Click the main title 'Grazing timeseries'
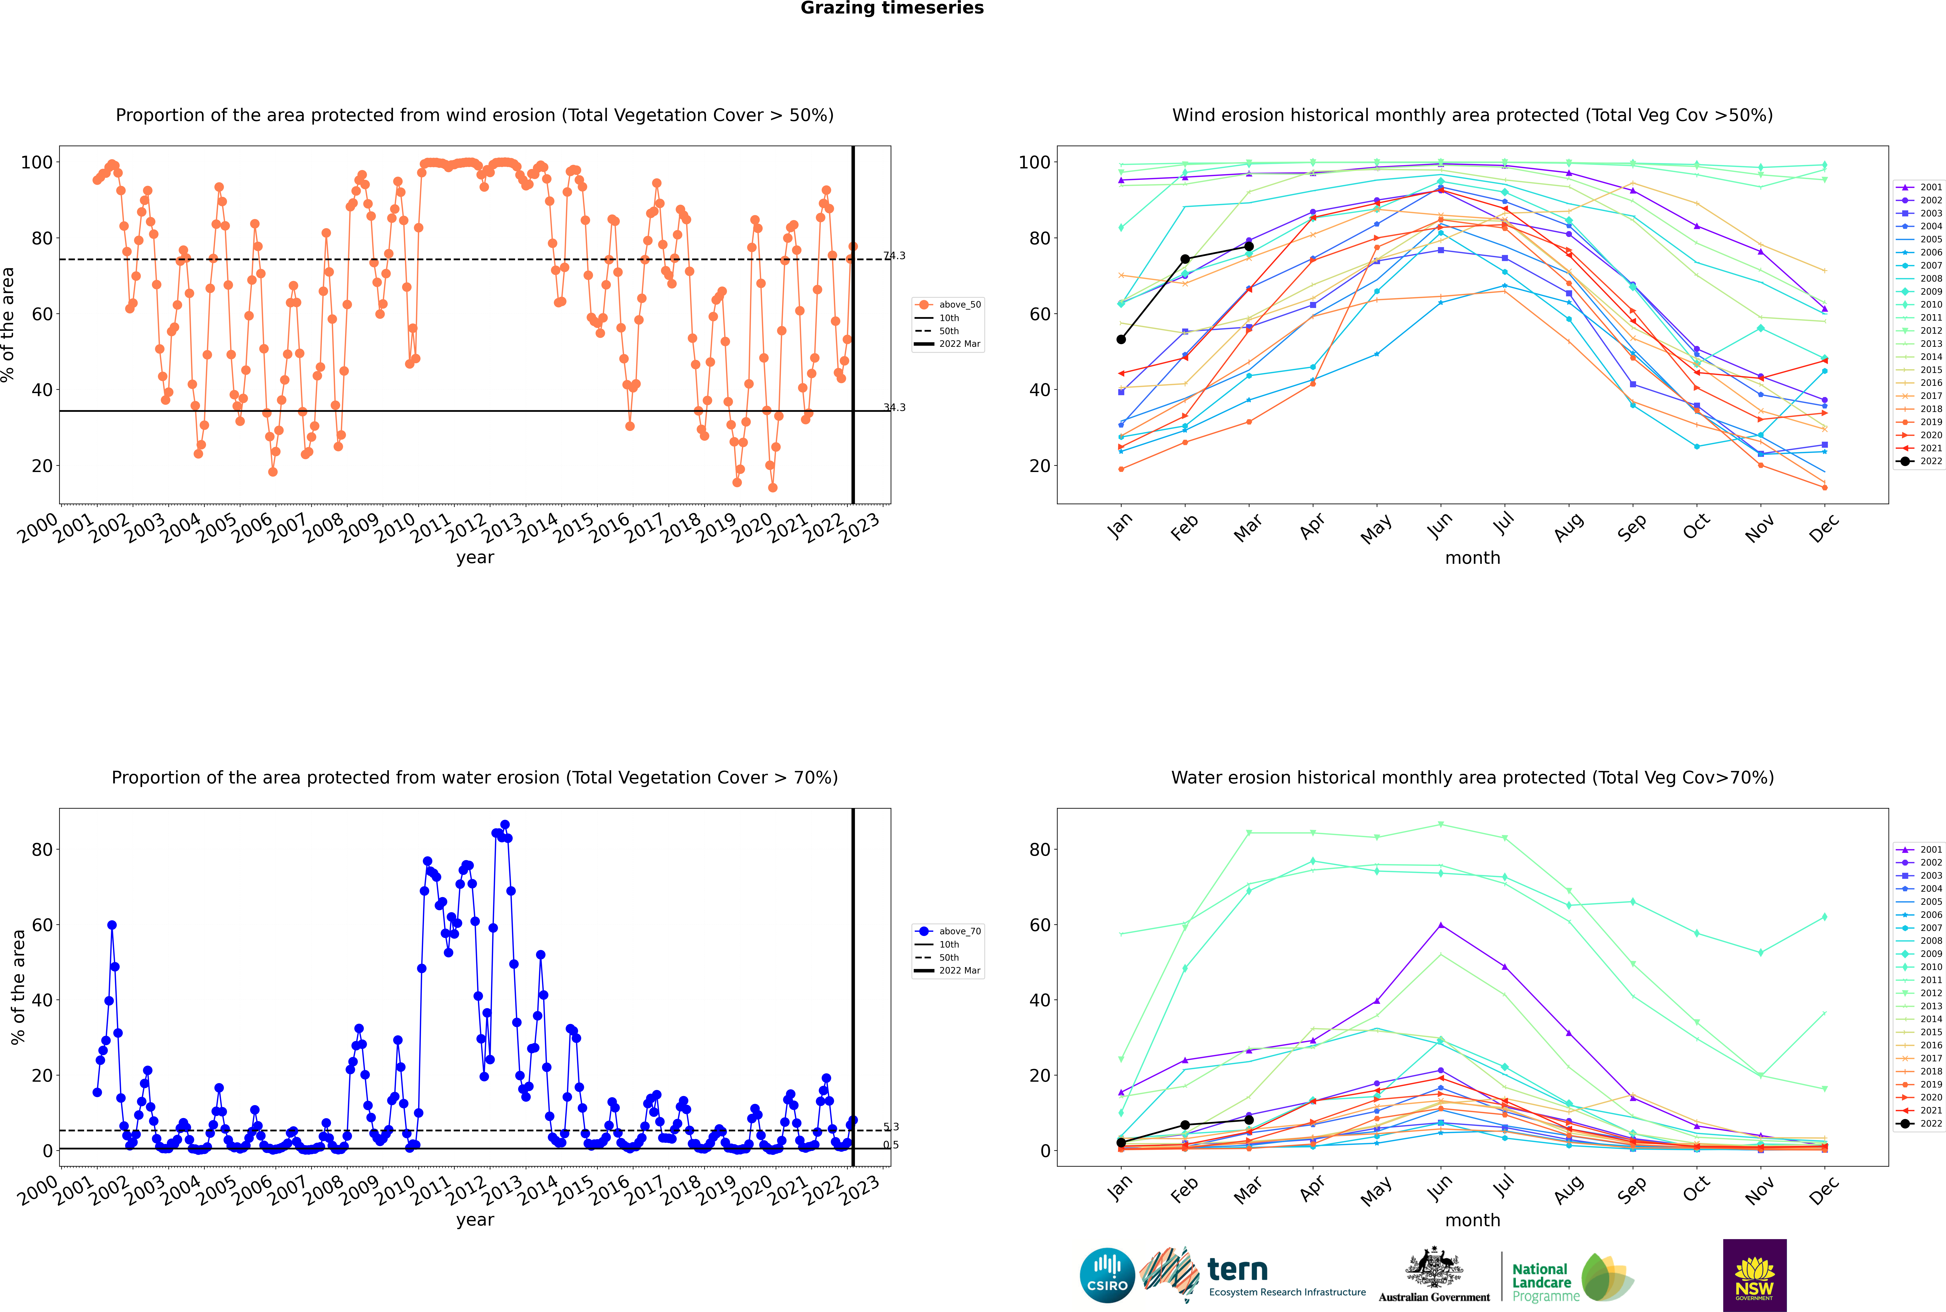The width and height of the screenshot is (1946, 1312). [x=892, y=8]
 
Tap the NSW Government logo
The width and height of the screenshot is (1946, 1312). [x=1754, y=1275]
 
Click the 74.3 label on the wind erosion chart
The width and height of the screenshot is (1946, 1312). [x=894, y=256]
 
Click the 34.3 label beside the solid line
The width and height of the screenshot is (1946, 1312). [x=894, y=407]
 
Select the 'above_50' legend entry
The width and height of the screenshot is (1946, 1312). [x=948, y=305]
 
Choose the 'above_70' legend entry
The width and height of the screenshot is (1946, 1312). [x=948, y=931]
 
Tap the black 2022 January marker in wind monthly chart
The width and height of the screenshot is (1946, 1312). [x=1121, y=340]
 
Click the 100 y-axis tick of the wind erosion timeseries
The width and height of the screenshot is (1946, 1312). [x=37, y=162]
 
